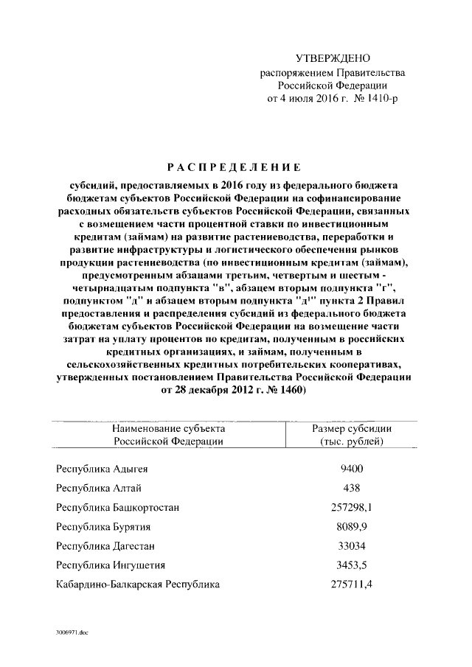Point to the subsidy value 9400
coord(351,469)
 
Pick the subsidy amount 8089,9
coord(351,527)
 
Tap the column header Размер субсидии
coord(352,428)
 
